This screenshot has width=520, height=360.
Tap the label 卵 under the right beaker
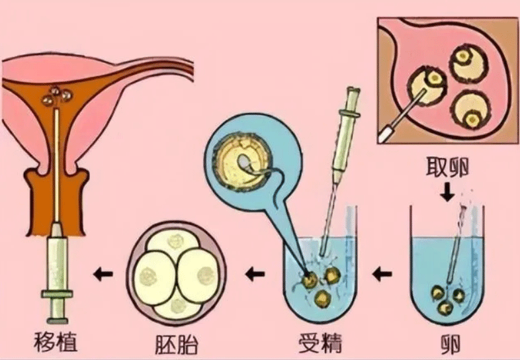point(449,343)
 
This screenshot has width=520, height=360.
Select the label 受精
point(319,343)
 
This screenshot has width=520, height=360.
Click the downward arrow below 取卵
point(448,192)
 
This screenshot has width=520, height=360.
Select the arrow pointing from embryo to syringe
point(103,273)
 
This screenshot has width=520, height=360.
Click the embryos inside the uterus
point(56,97)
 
